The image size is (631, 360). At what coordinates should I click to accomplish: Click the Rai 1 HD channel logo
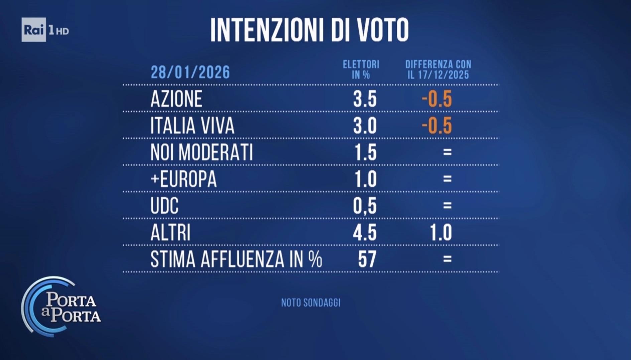[45, 30]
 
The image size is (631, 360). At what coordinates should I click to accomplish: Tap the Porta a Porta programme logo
[62, 307]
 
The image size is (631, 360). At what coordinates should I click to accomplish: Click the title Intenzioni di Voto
[309, 30]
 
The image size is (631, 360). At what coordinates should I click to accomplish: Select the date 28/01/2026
[190, 72]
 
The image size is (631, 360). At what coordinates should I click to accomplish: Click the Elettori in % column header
[361, 69]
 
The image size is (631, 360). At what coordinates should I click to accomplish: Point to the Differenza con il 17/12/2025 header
[438, 69]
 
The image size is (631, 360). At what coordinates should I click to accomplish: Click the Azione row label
[176, 99]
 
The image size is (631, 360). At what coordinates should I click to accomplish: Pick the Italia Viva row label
[192, 126]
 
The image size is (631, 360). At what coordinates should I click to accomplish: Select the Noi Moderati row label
[202, 152]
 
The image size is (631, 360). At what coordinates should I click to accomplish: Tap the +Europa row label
[183, 179]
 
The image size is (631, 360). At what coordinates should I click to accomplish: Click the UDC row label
[164, 206]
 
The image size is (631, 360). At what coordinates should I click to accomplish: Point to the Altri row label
[170, 232]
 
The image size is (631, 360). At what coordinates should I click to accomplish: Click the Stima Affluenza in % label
[236, 259]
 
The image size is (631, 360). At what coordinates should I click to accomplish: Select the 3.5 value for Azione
[365, 99]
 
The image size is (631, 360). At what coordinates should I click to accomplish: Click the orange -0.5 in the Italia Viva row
[437, 126]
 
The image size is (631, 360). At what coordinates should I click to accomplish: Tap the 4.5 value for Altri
[365, 232]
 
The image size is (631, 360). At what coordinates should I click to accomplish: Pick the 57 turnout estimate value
[367, 259]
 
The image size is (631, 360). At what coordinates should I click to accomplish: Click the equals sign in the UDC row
[447, 205]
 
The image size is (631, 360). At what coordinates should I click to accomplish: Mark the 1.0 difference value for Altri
[441, 232]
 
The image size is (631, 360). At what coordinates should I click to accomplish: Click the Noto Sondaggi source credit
[310, 303]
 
